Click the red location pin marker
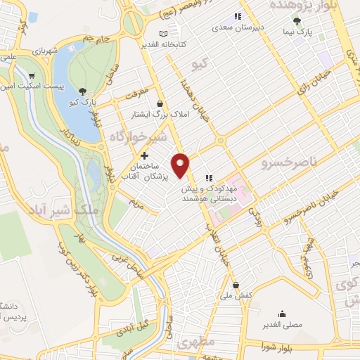[x=181, y=165]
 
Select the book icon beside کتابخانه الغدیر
[x=164, y=33]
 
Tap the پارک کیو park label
[x=83, y=103]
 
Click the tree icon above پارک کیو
[x=83, y=91]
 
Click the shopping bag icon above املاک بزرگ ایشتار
[x=160, y=103]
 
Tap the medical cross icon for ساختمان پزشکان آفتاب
[x=145, y=155]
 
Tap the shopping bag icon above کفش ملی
[x=236, y=285]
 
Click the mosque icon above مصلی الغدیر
[x=282, y=314]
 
